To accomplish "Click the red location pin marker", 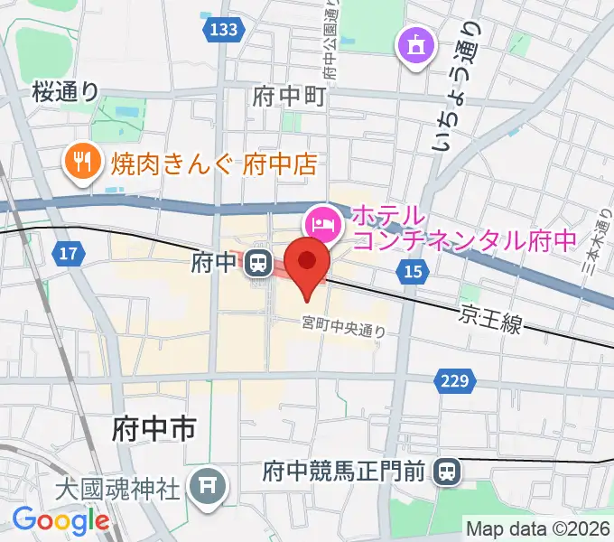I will (x=308, y=263).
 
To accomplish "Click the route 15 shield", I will (x=414, y=271).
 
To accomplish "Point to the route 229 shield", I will (x=457, y=381).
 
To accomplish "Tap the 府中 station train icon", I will (x=259, y=264).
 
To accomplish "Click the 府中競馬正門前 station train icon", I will (x=446, y=471).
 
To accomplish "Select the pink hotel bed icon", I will (x=323, y=220).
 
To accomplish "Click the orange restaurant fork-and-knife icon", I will (x=84, y=163).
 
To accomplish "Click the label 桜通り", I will (x=65, y=90).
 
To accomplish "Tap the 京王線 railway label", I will (x=490, y=318).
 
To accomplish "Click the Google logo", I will (x=60, y=520).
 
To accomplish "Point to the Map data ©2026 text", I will (x=538, y=528).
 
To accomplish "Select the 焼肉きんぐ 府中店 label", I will (x=214, y=164).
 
